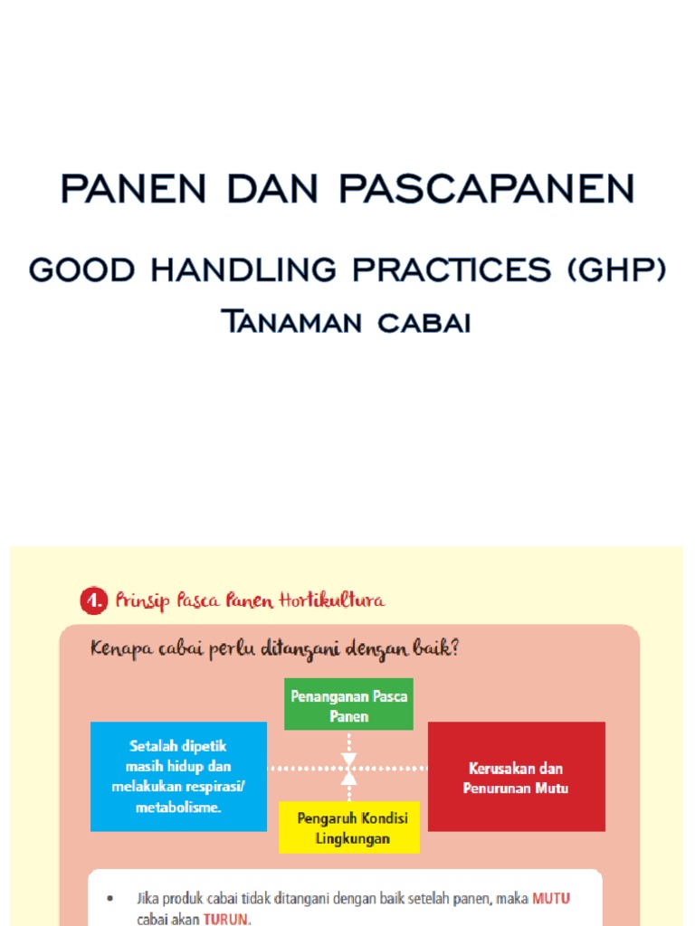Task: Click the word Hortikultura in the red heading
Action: point(333,600)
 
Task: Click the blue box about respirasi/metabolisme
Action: point(178,776)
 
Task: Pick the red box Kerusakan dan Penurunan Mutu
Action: point(516,777)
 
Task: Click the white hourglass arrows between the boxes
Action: point(348,769)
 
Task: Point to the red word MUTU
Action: point(551,899)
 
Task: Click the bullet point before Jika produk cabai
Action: point(110,900)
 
